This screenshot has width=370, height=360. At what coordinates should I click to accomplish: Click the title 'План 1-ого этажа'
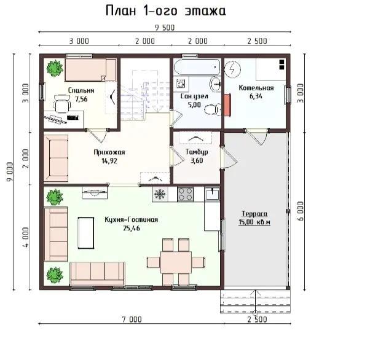pos(166,11)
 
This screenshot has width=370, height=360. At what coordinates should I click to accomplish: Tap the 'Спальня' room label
pos(81,90)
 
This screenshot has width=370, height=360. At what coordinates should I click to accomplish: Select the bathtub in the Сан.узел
pos(197,67)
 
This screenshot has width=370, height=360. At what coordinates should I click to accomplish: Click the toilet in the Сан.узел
pos(213,110)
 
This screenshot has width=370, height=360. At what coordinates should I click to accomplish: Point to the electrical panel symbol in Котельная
pos(232,69)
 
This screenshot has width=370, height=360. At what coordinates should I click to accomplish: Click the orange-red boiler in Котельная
pos(227,105)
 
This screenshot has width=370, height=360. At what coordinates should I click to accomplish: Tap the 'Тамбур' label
pos(197,152)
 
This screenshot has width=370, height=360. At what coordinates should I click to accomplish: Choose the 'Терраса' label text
pos(254,214)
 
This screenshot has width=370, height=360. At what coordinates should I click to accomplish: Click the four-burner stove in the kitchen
pos(185,194)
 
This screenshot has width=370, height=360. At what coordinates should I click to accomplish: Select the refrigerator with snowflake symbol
pos(160,194)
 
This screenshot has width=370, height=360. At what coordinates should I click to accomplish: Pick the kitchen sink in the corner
pos(212,194)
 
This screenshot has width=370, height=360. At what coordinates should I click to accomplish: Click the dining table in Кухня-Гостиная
pos(176,262)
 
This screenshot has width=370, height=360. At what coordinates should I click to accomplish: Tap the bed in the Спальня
pos(90,70)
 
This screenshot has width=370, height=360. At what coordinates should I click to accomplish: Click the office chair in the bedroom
pos(62,104)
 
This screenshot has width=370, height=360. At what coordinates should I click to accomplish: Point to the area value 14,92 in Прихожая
pos(109,161)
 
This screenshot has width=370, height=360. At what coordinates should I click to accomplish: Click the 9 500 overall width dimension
pos(165,28)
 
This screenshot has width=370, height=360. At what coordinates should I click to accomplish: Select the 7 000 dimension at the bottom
pos(132,319)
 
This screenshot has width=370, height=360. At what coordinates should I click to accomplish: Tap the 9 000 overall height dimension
pos(10,172)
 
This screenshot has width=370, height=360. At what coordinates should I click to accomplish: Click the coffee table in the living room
pos(86,233)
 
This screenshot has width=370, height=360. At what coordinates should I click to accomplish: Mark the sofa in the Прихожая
pos(56,158)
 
